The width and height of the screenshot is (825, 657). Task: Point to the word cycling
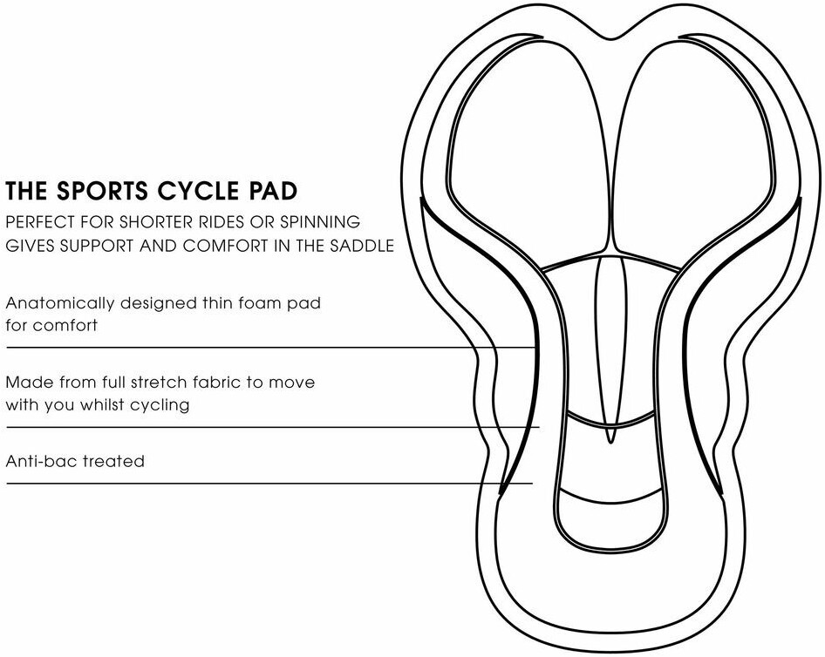pyautogui.click(x=160, y=405)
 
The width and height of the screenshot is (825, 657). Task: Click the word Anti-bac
pyautogui.click(x=40, y=461)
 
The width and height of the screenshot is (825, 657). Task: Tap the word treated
pyautogui.click(x=113, y=461)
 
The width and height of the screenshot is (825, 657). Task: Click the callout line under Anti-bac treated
pyautogui.click(x=262, y=483)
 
